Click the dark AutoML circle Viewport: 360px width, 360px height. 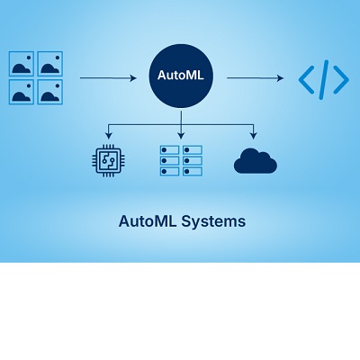click(x=181, y=76)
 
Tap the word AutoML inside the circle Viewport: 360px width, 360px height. click(x=181, y=75)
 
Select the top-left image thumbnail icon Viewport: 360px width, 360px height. click(x=22, y=64)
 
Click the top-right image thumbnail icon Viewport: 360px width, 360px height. click(x=50, y=64)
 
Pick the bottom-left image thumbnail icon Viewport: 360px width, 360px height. click(x=22, y=92)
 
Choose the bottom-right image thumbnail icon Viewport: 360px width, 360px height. click(x=50, y=92)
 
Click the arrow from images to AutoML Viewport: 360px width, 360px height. click(x=108, y=78)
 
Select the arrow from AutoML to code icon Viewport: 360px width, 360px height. click(x=255, y=78)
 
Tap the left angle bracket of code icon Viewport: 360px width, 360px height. click(x=307, y=79)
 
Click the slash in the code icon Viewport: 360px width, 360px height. click(x=324, y=79)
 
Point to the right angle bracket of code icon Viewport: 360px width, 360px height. click(x=341, y=79)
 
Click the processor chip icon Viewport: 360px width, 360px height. click(x=108, y=160)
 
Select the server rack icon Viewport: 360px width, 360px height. click(x=181, y=160)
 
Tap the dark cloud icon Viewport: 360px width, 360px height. click(x=256, y=161)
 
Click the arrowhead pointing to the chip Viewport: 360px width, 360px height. click(x=109, y=136)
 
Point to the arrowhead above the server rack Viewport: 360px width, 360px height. click(x=181, y=136)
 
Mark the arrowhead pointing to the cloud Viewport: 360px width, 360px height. click(x=254, y=136)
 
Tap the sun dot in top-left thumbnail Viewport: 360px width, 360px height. click(x=29, y=58)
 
